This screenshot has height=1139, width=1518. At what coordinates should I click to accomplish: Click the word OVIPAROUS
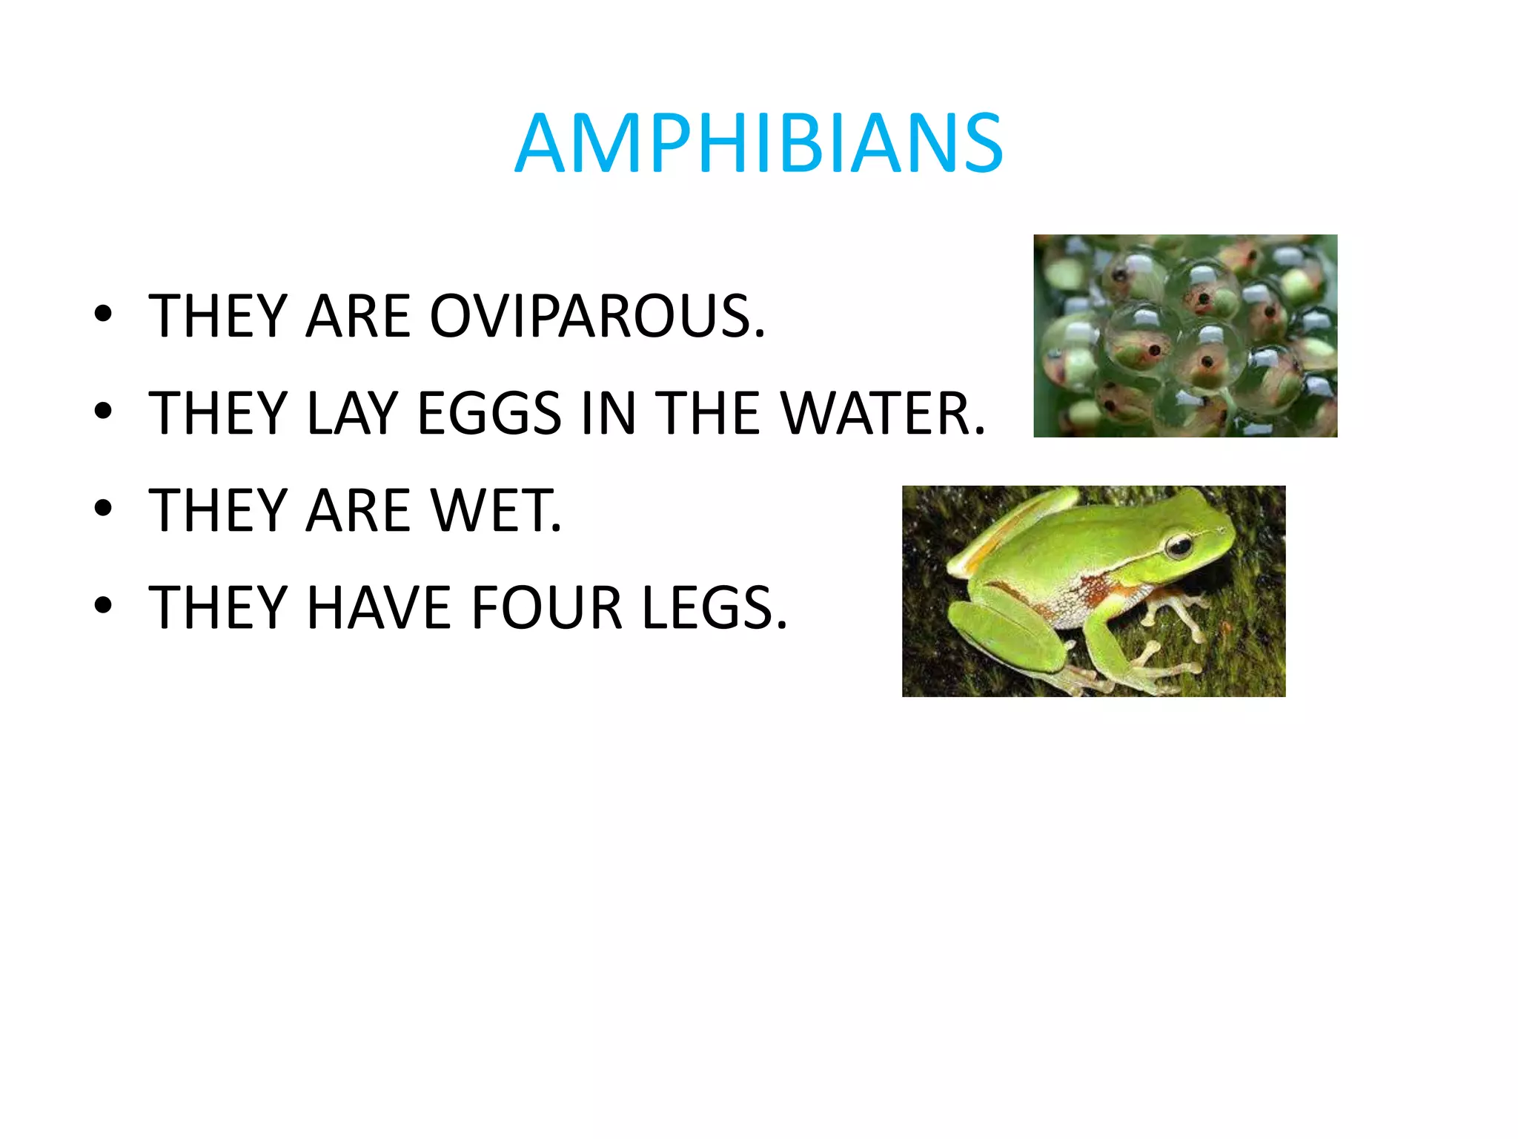click(597, 317)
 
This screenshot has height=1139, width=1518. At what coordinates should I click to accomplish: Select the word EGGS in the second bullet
click(488, 414)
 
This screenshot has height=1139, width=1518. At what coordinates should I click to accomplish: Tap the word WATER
click(884, 414)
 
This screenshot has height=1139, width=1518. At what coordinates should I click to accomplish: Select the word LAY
click(353, 414)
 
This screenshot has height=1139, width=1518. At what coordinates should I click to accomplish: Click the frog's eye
click(1178, 547)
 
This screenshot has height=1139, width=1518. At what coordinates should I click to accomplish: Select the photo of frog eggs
click(1184, 336)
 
